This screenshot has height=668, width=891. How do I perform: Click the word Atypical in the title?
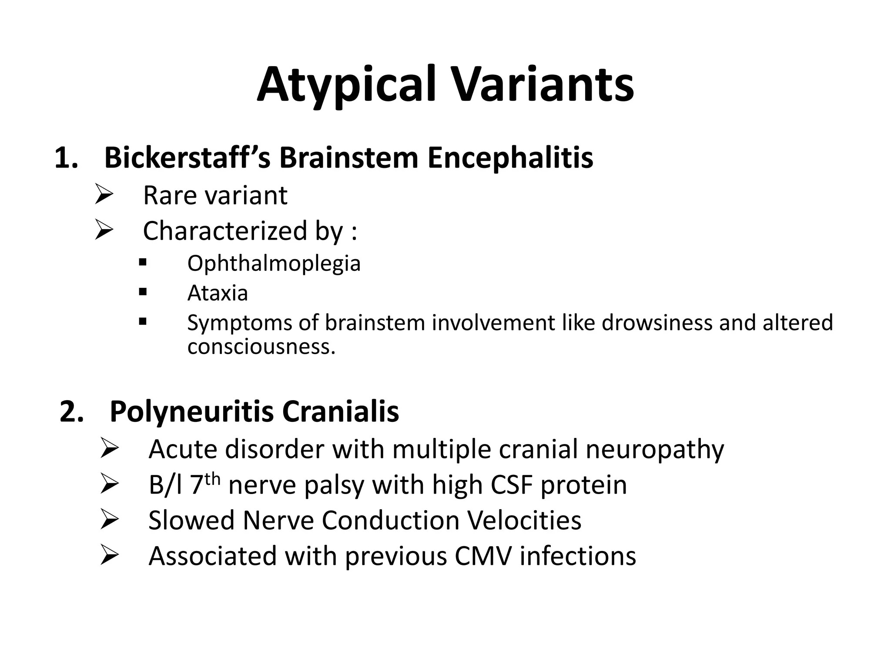pyautogui.click(x=346, y=85)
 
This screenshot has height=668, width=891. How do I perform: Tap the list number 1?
pyautogui.click(x=66, y=158)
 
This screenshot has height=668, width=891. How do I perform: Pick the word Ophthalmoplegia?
pyautogui.click(x=274, y=264)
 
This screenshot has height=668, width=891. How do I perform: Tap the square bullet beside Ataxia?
pyautogui.click(x=142, y=292)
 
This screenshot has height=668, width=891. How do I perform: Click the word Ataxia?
pyautogui.click(x=218, y=293)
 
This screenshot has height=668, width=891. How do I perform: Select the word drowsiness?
pyautogui.click(x=657, y=323)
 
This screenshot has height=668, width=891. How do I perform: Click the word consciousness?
pyautogui.click(x=261, y=347)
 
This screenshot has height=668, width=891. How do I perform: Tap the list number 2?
pyautogui.click(x=71, y=411)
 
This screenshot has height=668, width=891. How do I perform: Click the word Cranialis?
pyautogui.click(x=340, y=411)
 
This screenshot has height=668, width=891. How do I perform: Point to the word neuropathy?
pyautogui.click(x=655, y=449)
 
